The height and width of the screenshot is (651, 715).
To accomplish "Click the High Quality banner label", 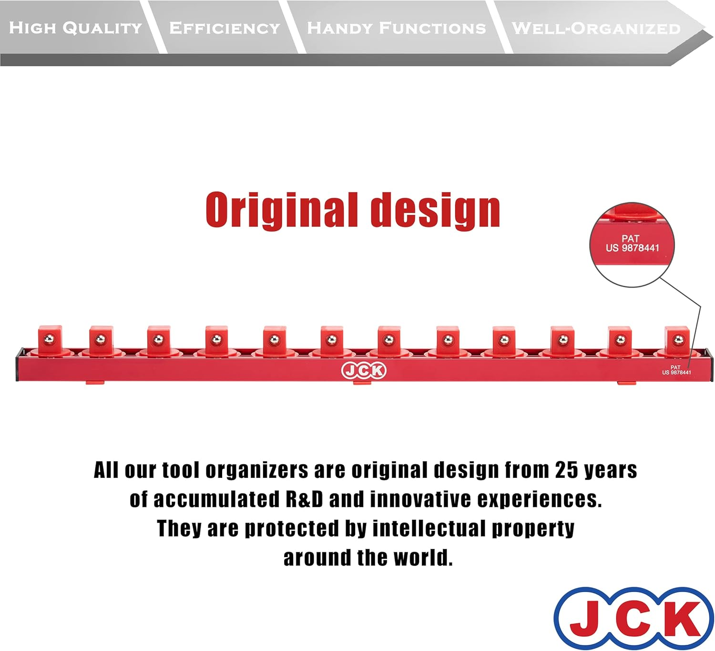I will point(75,28).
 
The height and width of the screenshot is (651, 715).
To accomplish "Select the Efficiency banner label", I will point(225,28).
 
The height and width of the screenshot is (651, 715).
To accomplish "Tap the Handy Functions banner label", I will point(396,28).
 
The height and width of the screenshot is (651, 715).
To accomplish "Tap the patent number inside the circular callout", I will point(632,248).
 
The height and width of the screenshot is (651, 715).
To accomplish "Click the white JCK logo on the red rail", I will point(364,371).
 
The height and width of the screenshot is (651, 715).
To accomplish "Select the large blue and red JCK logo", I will point(634,619).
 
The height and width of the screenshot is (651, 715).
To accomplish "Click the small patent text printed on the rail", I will point(676,370).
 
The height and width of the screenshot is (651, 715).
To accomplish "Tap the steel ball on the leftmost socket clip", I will point(48,340).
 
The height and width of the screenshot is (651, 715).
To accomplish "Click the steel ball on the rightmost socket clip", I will point(678,340).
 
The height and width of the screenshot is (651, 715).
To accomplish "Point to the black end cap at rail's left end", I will point(17,365).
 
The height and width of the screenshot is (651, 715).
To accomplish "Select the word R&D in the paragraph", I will point(304,499).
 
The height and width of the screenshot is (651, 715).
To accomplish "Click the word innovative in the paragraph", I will point(420,499).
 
